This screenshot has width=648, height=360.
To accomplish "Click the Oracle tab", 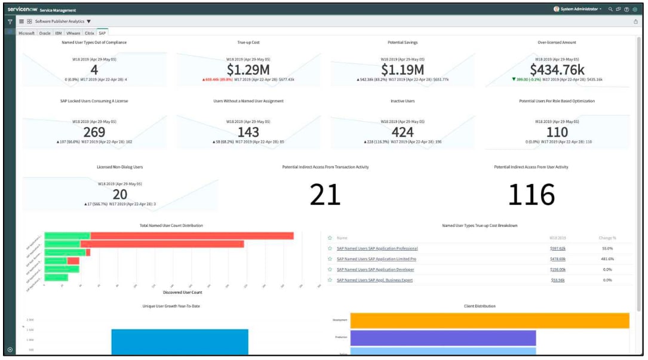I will [45, 33].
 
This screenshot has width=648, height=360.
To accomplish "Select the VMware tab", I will [73, 33].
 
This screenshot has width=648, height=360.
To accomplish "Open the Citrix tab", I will [90, 33].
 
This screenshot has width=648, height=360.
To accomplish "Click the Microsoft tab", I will [27, 33].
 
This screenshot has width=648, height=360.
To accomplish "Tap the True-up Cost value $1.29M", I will [248, 69].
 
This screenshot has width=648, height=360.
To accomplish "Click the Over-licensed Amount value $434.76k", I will [557, 69].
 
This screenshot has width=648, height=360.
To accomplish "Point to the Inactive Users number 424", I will [403, 131].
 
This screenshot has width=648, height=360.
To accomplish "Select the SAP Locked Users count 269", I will [94, 131].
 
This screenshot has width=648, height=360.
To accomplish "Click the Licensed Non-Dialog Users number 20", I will [119, 194].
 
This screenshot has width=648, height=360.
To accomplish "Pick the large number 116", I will [531, 195].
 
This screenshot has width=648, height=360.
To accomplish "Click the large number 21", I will [325, 195].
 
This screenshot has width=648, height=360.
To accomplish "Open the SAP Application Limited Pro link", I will [376, 259].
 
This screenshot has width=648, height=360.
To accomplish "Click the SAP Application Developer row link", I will [375, 270].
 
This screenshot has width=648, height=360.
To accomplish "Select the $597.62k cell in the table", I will [558, 248].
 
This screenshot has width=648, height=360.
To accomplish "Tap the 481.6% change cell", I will [607, 259].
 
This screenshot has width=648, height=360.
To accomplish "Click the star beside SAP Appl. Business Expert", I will [330, 280].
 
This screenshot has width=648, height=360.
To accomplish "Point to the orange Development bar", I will [489, 321].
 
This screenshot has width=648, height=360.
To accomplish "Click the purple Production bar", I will [443, 338].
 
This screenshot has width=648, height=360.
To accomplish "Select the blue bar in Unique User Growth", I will [179, 342].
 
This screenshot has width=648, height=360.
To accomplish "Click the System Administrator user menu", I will [578, 9].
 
